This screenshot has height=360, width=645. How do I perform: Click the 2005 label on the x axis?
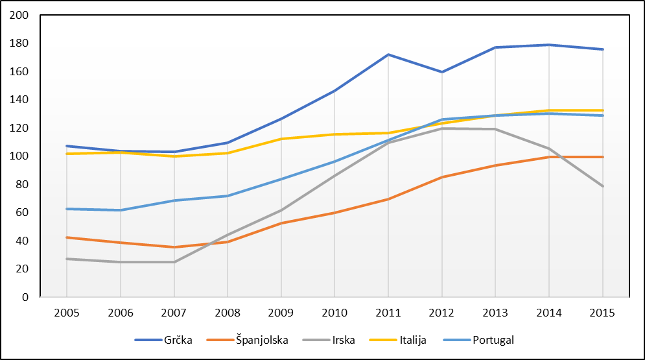coord(67,312)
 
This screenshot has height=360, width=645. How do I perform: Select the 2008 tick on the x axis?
coord(228,312)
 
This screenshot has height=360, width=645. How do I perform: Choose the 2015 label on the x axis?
coord(603,312)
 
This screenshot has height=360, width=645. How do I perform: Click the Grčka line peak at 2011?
coord(388,54)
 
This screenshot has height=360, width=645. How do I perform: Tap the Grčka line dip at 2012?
coord(442,72)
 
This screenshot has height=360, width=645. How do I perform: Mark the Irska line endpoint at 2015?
coord(603,186)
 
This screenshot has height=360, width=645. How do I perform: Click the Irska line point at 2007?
coord(174,262)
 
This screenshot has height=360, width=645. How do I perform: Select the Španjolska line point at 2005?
coord(67,237)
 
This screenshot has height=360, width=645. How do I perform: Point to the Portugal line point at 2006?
coord(121,210)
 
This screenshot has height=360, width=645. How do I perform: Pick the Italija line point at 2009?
coord(281,139)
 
